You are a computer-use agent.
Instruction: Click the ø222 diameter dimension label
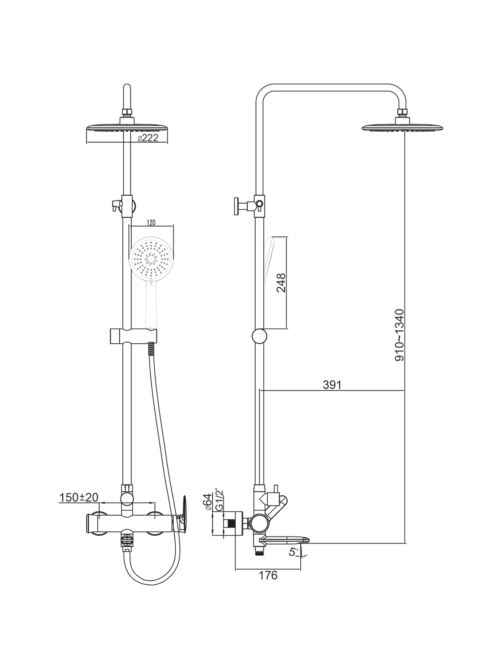click(148, 138)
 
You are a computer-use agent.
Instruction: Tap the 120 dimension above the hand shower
click(151, 223)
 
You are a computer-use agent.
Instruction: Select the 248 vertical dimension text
click(281, 283)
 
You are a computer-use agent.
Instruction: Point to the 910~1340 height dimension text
click(399, 335)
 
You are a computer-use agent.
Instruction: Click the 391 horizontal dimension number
click(332, 385)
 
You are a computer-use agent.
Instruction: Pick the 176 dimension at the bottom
click(268, 575)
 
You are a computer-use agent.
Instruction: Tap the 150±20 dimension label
click(79, 498)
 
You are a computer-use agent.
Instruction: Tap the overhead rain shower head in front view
click(127, 128)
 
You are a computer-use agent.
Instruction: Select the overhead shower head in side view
click(402, 128)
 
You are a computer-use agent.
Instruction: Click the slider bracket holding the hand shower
click(133, 336)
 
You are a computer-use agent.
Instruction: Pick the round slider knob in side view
click(259, 336)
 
